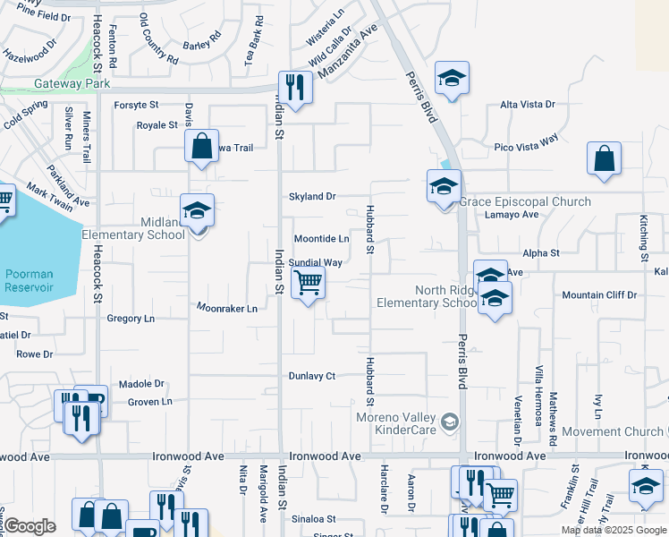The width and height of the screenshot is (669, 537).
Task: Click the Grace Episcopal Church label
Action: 525,201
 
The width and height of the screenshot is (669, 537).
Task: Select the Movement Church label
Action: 614,431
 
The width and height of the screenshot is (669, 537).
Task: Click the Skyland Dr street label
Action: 311,196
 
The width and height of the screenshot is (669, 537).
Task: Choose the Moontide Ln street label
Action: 322,239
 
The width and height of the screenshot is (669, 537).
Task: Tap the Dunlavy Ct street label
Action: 311,376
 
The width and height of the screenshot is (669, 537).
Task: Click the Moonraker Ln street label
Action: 227,308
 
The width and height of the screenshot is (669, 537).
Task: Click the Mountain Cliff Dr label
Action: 599,294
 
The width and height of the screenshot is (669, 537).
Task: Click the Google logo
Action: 30,526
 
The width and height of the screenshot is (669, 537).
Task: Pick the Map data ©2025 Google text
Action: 614,530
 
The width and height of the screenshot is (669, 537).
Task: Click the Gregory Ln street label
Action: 131,318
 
